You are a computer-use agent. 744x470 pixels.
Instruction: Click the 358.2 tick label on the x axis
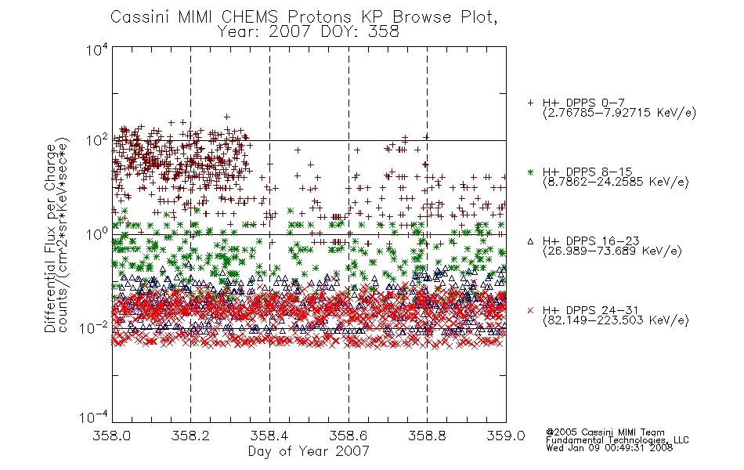(x=190, y=436)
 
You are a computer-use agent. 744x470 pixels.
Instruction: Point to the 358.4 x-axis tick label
(x=269, y=436)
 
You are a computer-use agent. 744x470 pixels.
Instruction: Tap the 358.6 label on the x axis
(x=349, y=436)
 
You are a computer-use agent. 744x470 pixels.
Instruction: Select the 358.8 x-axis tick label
(x=427, y=436)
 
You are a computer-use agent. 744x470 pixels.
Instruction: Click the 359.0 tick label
(x=506, y=436)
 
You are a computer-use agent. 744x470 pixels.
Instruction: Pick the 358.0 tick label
(x=111, y=436)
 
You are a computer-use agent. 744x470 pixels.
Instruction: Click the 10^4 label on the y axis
(x=97, y=50)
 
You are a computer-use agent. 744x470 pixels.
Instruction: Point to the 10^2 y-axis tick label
(x=97, y=141)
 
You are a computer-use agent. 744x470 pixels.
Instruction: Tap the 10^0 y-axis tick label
(x=97, y=234)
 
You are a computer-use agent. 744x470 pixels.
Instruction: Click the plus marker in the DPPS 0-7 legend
(x=530, y=103)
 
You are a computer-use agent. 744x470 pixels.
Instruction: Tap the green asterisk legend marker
(x=530, y=172)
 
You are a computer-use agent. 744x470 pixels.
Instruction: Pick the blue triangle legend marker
(x=530, y=241)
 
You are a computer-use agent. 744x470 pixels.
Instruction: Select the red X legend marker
(x=530, y=310)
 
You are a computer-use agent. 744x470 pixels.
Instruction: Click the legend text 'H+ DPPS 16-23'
(x=591, y=240)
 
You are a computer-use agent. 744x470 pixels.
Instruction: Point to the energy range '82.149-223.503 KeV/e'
(x=616, y=320)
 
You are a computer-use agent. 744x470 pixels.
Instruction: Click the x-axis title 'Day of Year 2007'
(x=309, y=451)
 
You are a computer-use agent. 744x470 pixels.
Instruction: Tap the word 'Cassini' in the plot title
(x=140, y=17)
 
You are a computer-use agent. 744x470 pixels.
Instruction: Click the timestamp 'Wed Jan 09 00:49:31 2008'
(x=609, y=448)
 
